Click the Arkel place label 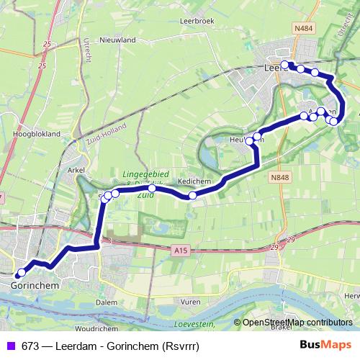click(76, 170)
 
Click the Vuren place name click(190, 302)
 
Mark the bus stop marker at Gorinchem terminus click(21, 273)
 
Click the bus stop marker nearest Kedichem click(192, 195)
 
